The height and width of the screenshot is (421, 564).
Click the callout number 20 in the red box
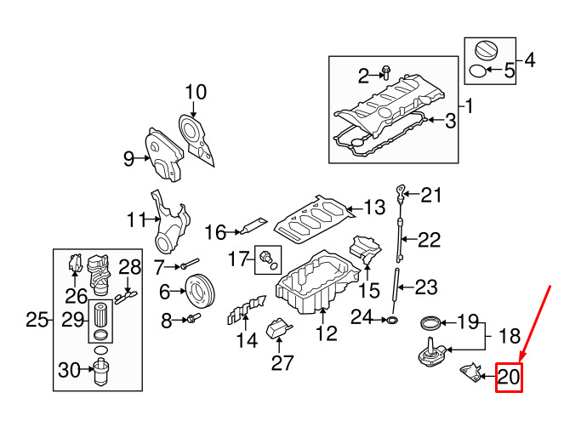click(x=509, y=377)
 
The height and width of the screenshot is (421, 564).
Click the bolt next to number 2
click(x=386, y=72)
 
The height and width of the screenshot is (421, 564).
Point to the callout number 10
click(x=196, y=92)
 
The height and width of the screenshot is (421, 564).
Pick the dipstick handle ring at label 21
click(x=401, y=191)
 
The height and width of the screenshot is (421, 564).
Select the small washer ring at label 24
click(x=393, y=320)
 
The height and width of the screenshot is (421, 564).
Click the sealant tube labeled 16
click(x=254, y=225)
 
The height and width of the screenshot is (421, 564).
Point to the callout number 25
click(x=37, y=319)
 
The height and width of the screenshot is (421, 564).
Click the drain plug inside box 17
click(x=266, y=257)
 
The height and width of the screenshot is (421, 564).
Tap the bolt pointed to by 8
click(x=193, y=318)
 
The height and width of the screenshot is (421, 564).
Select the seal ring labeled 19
click(x=430, y=322)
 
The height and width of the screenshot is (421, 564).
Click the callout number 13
click(x=375, y=208)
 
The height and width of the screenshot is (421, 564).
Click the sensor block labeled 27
click(x=278, y=328)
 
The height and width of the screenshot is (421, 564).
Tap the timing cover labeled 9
click(x=163, y=156)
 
